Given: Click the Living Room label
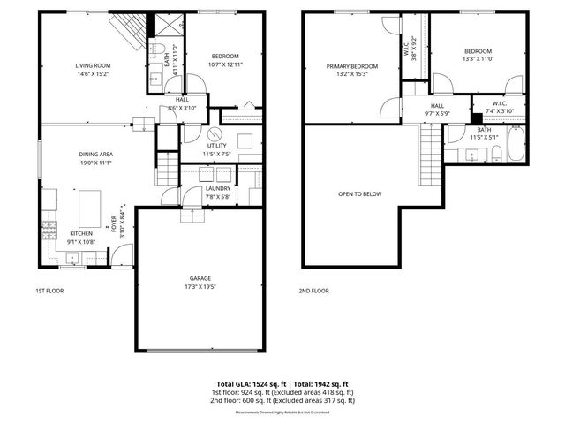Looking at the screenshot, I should (x=92, y=64).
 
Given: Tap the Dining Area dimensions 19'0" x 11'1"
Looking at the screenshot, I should (x=96, y=163).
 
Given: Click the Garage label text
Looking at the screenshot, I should (x=199, y=279).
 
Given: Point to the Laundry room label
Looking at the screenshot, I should (x=217, y=188).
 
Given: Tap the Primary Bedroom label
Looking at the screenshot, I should (x=352, y=66).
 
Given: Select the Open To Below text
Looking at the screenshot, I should (x=360, y=193).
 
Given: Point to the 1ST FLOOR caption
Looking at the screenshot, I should (x=49, y=291).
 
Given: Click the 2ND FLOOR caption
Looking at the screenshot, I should (x=314, y=291).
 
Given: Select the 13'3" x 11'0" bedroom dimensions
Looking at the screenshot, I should (x=478, y=59).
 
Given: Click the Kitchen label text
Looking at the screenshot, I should (x=82, y=233).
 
